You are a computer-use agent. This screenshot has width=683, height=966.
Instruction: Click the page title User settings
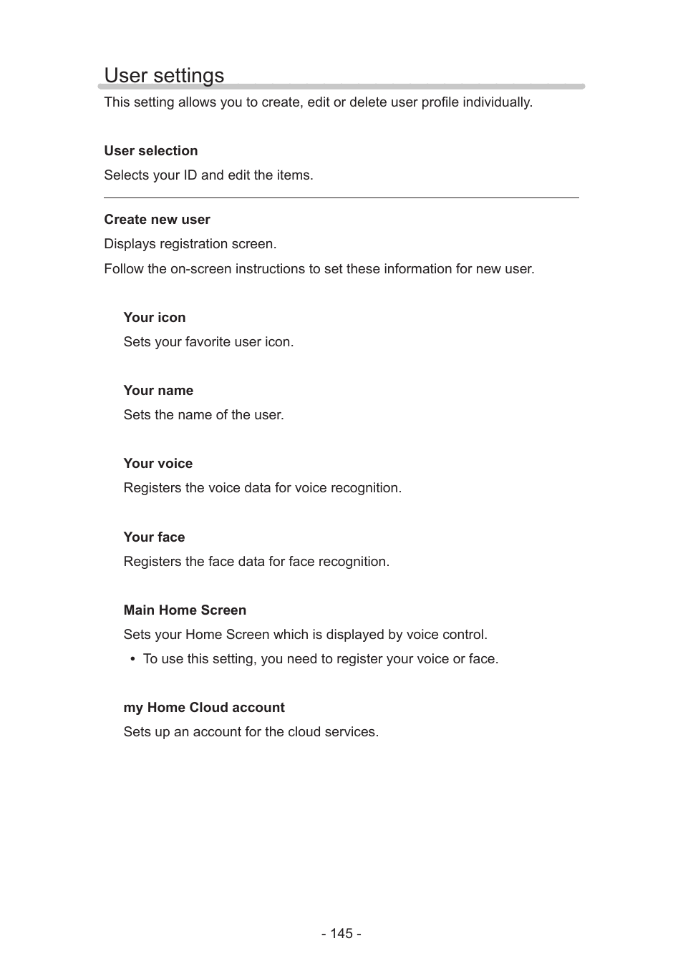coord(164,75)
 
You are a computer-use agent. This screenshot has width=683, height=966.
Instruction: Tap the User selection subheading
coord(150,151)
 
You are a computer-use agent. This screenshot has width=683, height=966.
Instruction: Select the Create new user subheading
coord(157,220)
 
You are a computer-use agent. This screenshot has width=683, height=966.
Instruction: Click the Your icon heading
coord(154,318)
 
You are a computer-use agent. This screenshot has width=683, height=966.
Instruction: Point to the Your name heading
coord(158,391)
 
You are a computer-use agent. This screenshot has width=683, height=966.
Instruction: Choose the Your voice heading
coord(158,464)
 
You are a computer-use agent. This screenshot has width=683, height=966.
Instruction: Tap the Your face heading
coord(154,537)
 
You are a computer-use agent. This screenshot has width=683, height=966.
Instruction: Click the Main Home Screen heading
coord(185,610)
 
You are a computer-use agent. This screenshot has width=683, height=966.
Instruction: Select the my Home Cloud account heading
coord(204,708)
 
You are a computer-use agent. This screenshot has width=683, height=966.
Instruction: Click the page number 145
coord(341,934)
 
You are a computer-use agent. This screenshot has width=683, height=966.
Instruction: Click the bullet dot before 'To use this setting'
coord(133,660)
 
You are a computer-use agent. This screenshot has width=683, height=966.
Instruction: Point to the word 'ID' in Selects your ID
coord(189,175)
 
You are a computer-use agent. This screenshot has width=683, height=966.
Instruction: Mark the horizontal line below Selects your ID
coord(341,197)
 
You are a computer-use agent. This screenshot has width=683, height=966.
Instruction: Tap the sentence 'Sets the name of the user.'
coord(203,415)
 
